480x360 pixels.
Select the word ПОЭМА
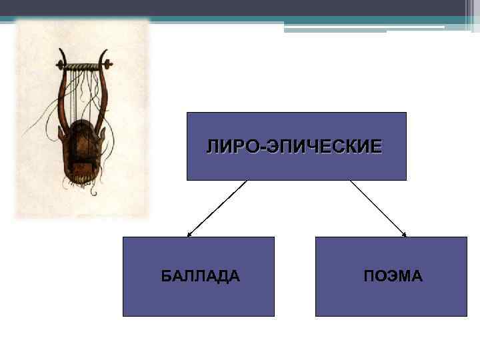tap(393, 276)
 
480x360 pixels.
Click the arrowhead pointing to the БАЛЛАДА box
tap(189, 235)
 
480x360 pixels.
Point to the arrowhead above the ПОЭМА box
tap(404, 234)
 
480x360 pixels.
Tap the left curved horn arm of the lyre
tap(62, 93)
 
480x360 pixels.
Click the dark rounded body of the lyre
tap(83, 150)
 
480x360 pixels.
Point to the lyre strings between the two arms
tap(84, 100)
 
